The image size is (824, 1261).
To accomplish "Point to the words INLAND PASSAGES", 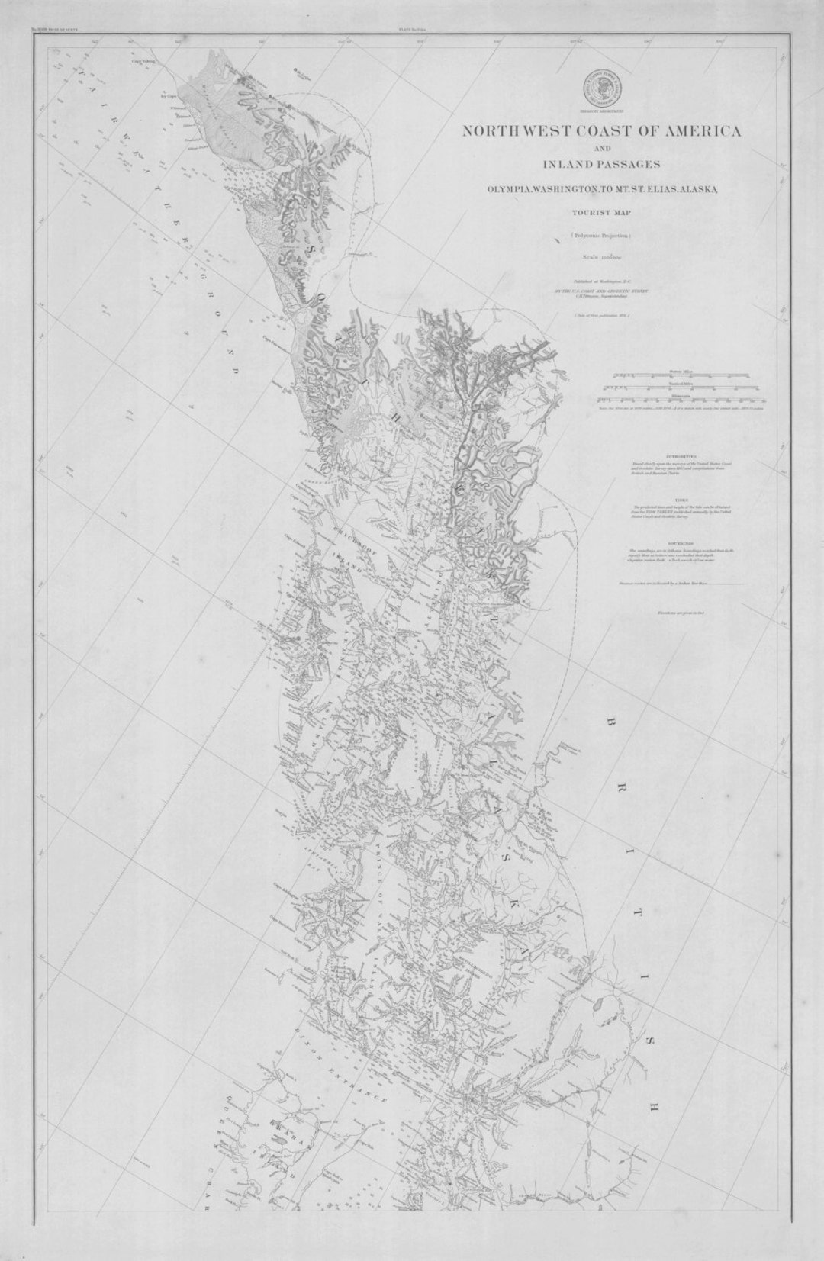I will (x=601, y=163).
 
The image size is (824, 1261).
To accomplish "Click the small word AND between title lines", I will (x=601, y=148).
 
